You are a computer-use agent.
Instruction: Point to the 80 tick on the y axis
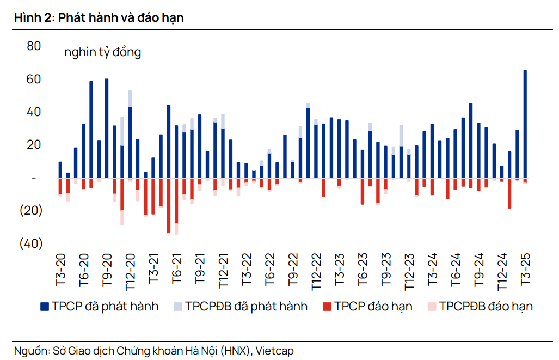click(x=34, y=46)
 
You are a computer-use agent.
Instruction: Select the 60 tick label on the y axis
click(x=34, y=80)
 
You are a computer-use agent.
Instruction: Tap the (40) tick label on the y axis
click(x=31, y=243)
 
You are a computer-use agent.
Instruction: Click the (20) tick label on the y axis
click(x=31, y=211)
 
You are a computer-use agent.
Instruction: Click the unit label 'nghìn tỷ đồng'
click(x=102, y=52)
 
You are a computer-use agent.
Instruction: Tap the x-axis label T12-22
click(x=316, y=271)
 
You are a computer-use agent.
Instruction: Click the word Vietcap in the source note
click(x=274, y=351)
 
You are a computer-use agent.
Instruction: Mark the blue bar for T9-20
click(x=107, y=128)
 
